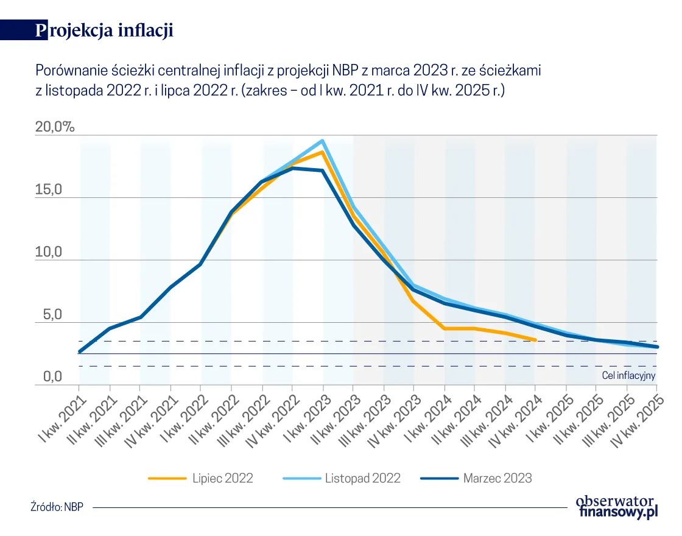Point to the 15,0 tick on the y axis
[x=48, y=190]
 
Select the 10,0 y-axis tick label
[x=48, y=252]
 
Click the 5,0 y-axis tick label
[x=48, y=315]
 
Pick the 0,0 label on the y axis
[x=48, y=377]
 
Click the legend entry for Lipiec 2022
[x=201, y=478]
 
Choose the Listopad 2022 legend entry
[x=342, y=478]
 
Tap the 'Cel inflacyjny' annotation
[x=628, y=375]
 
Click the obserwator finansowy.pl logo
[x=617, y=506]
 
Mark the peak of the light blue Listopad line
[x=323, y=141]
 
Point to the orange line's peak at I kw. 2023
[x=323, y=152]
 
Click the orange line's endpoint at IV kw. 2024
[x=535, y=340]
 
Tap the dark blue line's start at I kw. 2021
[x=80, y=352]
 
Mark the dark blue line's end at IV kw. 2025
[x=657, y=347]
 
